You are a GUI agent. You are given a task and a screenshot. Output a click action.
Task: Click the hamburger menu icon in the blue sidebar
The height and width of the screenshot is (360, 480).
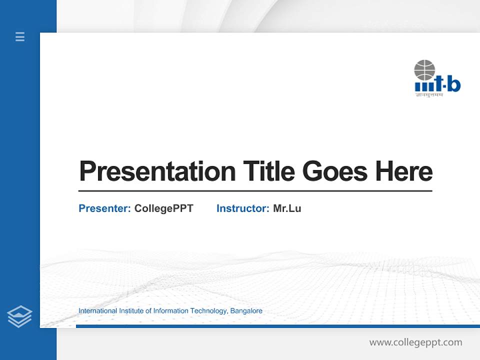click(x=20, y=36)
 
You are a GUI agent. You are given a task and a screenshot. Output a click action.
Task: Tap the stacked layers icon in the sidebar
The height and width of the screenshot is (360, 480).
click(x=19, y=316)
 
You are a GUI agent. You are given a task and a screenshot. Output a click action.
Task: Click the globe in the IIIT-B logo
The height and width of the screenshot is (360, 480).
click(x=424, y=70)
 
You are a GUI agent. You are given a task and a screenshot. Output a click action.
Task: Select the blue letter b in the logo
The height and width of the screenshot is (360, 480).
click(x=453, y=85)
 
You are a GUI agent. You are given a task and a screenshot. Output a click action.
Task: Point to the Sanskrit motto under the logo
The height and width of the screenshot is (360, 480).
click(x=429, y=94)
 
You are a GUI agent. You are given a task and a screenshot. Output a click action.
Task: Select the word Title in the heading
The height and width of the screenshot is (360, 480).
click(x=268, y=171)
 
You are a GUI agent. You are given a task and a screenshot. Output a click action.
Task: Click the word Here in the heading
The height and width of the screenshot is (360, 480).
click(x=404, y=171)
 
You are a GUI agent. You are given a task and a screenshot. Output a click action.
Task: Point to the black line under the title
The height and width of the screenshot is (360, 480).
click(x=255, y=190)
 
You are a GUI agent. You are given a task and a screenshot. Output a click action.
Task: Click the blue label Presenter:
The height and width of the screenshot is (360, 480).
click(x=104, y=208)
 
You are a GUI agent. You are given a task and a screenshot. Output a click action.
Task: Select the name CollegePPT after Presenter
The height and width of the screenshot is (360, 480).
click(x=163, y=208)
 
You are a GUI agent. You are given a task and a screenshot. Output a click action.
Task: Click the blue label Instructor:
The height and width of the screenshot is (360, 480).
click(x=242, y=208)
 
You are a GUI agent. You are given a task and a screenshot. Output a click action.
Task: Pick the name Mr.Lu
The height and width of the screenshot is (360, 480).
click(x=287, y=208)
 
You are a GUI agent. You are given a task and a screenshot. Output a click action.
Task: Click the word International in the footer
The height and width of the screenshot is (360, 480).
click(x=97, y=311)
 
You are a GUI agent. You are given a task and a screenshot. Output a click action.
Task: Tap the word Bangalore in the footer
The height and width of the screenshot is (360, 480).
click(x=246, y=311)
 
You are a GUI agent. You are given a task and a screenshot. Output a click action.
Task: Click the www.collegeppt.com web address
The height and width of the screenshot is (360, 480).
click(x=415, y=342)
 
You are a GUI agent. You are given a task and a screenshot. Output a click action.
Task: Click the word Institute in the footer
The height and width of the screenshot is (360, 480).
click(x=131, y=311)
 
